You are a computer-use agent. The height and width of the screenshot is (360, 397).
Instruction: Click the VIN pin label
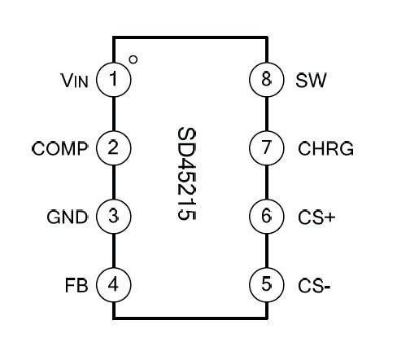pos(75,81)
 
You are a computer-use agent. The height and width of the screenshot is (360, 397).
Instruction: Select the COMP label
pos(60,148)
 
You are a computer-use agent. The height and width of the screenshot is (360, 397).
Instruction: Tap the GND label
pos(68,217)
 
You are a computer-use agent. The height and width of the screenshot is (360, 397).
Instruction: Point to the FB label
pos(76,285)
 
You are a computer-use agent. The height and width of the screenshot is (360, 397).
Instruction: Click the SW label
pos(311,81)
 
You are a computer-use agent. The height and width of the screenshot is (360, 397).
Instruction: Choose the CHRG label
pos(326,148)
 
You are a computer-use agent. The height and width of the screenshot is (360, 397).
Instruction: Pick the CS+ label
pos(316,217)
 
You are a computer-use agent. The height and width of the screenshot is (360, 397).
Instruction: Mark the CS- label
pos(314,286)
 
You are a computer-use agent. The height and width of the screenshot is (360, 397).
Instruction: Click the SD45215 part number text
pos(186,173)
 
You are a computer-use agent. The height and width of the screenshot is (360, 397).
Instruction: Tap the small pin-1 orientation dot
pos(133,59)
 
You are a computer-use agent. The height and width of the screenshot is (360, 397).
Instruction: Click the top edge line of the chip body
pos(190,37)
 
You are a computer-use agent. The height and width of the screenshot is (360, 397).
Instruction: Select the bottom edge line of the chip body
pos(190,318)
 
